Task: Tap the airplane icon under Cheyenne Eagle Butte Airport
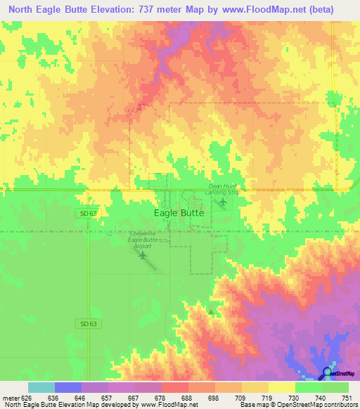pos(143,254)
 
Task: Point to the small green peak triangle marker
pos(210,311)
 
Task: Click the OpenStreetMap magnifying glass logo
pos(328,372)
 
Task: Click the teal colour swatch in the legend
pos(41,387)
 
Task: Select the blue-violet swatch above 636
pos(68,387)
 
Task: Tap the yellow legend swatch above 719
pos(255,387)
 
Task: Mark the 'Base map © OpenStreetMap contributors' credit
pos(298,405)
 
